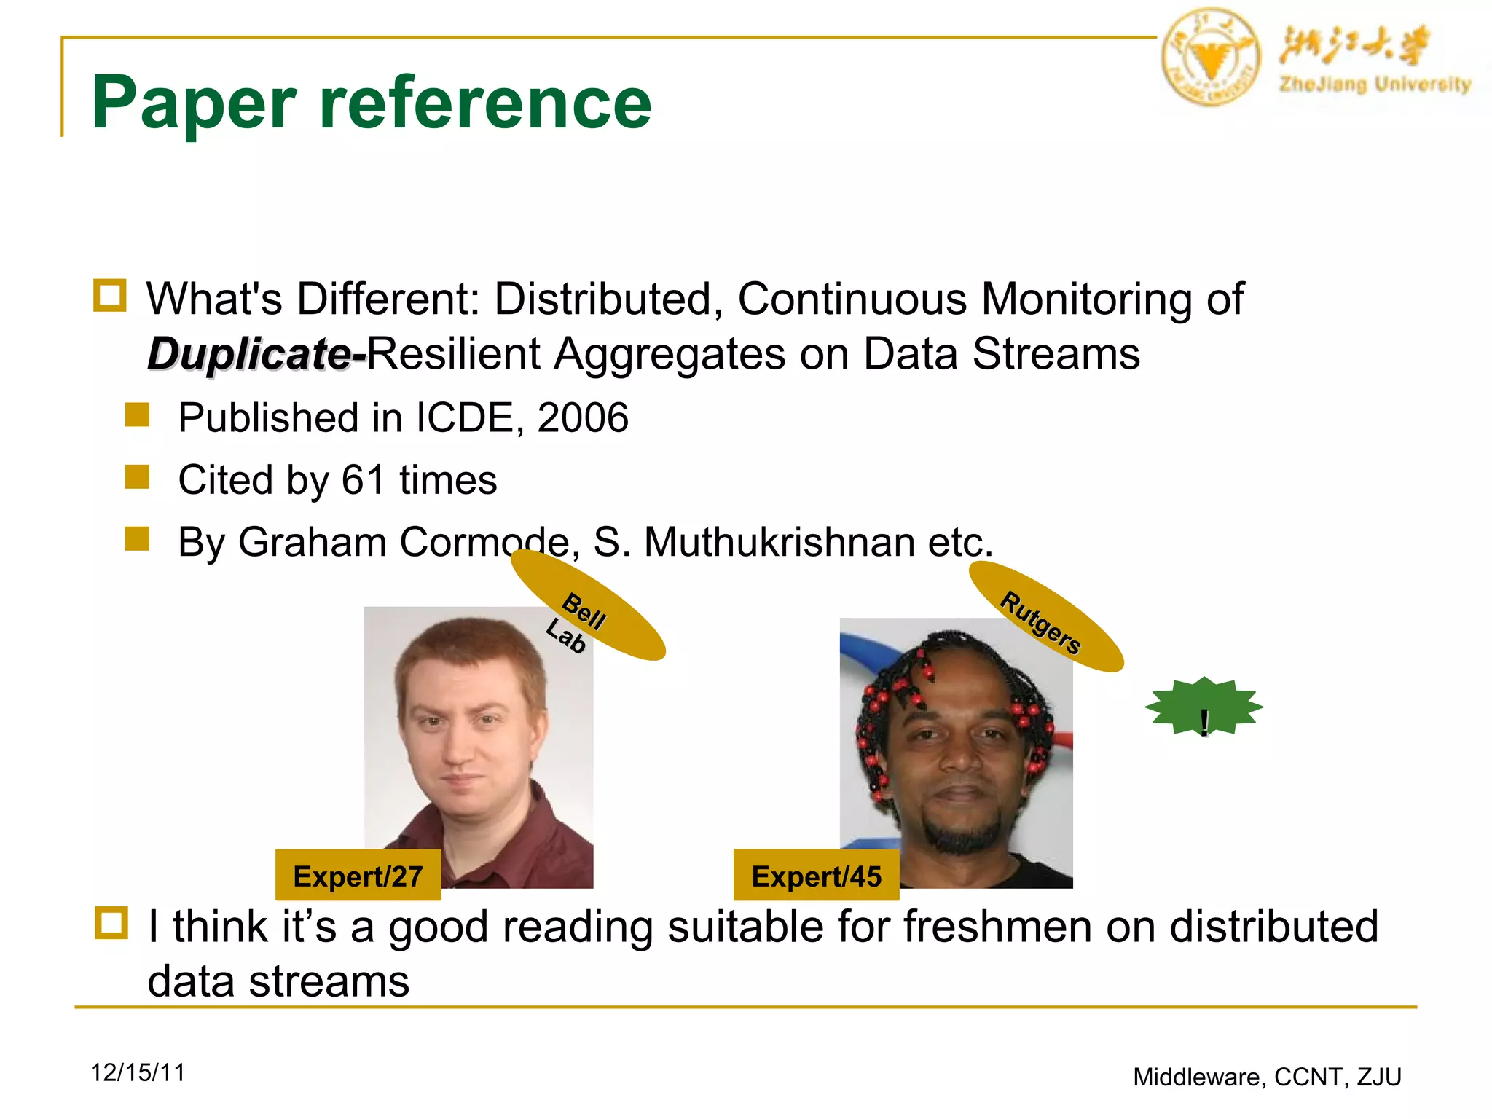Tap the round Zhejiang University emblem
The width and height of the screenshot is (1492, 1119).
coord(1210,58)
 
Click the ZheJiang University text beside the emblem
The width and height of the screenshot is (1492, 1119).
coord(1375,84)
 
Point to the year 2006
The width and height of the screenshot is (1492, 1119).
coord(582,418)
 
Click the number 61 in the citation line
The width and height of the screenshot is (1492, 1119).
coord(363,480)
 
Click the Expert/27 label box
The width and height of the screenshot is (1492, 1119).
coord(358,876)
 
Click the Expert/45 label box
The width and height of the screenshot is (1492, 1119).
coord(816,876)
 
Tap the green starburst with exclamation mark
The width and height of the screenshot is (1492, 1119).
coord(1204,707)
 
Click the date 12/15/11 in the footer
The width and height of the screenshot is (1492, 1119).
coord(138,1072)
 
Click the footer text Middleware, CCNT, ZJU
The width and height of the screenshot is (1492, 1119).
coord(1267,1077)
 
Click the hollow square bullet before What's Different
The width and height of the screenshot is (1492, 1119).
coord(110,295)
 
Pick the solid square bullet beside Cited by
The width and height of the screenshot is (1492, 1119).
coord(137,478)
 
